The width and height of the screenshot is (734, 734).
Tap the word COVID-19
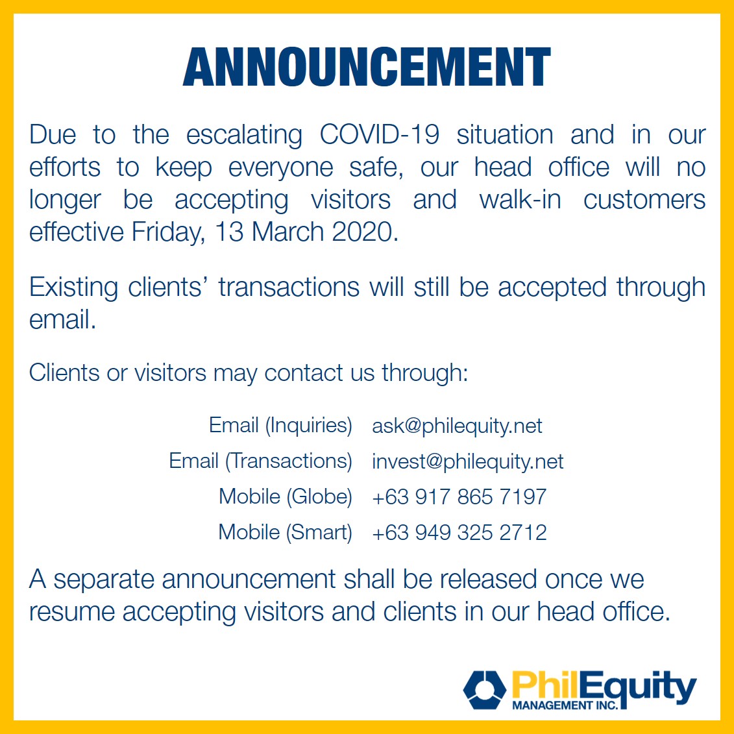[x=379, y=135]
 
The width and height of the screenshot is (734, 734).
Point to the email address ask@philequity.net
[x=457, y=426]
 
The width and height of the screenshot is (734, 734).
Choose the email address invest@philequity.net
[x=468, y=461]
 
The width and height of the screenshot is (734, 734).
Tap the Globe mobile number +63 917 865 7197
[x=459, y=496]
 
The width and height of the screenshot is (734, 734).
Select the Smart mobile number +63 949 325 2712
[x=459, y=532]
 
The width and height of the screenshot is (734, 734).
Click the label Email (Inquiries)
[x=280, y=426]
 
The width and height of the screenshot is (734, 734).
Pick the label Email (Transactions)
[x=260, y=461]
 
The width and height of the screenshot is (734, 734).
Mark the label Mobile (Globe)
[x=286, y=496]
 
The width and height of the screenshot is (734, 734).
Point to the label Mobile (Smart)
[x=285, y=532]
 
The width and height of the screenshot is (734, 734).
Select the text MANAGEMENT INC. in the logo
[x=565, y=705]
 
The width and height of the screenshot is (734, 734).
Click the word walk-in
[x=520, y=200]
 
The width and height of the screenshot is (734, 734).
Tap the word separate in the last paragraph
[x=104, y=580]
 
